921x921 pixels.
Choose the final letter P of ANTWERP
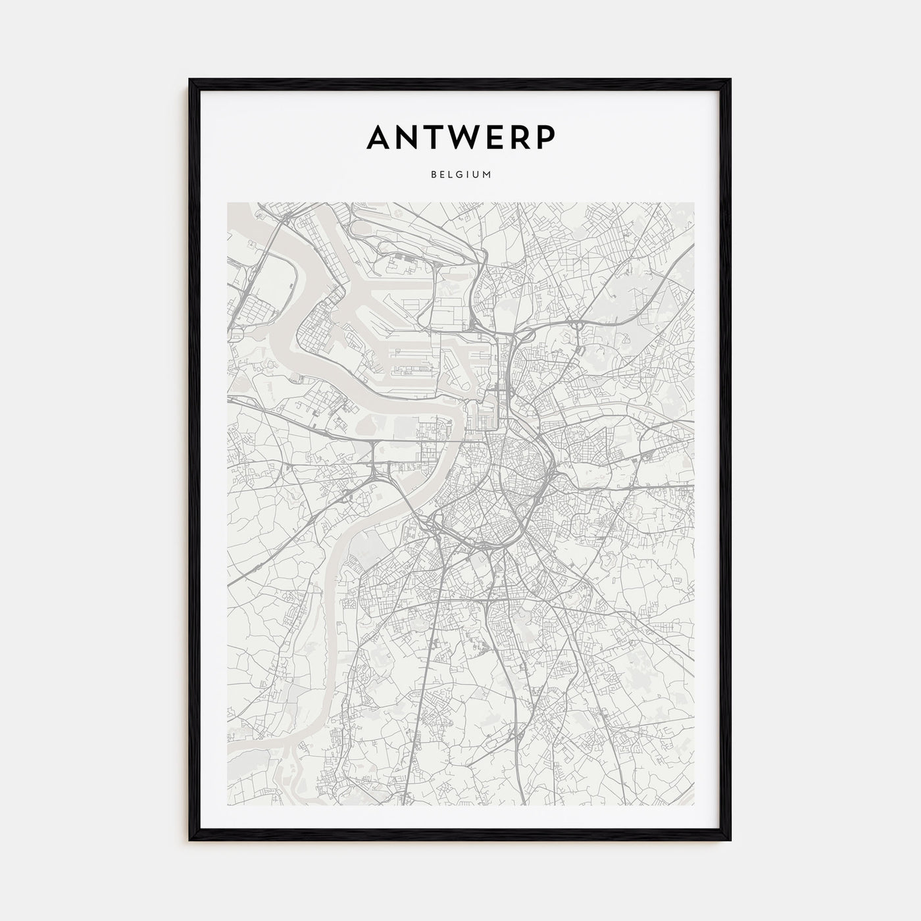pyautogui.click(x=547, y=137)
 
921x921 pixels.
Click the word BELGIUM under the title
pyautogui.click(x=460, y=175)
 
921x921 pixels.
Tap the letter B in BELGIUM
pyautogui.click(x=434, y=175)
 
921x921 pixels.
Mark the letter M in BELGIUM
pyautogui.click(x=487, y=175)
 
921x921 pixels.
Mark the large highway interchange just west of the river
pyautogui.click(x=378, y=471)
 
